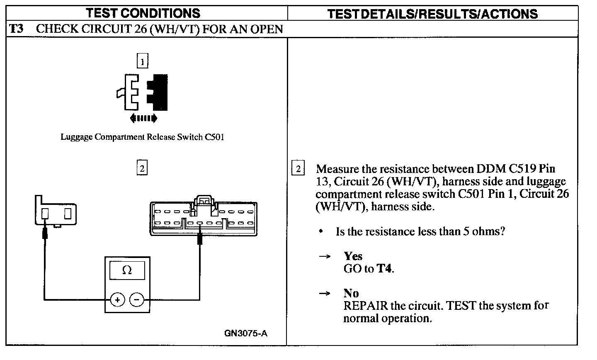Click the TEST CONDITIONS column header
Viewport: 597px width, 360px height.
point(143,13)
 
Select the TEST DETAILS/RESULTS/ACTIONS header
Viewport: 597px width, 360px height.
point(432,14)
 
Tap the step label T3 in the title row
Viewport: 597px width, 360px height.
point(17,29)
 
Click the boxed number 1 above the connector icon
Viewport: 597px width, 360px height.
point(142,62)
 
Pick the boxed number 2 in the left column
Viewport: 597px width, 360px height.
point(142,168)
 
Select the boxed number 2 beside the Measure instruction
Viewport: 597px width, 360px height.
point(298,169)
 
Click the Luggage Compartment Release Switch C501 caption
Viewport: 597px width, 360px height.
point(142,137)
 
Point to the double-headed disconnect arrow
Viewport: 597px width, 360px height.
point(143,119)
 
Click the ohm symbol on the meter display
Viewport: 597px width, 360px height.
point(127,271)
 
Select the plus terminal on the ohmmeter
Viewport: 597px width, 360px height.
point(118,299)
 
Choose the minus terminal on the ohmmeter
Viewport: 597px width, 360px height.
point(137,299)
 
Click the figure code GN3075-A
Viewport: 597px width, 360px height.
point(246,333)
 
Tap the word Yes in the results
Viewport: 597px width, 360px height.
point(353,256)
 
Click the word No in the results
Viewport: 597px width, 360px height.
point(351,294)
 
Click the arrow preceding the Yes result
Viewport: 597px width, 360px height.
point(324,257)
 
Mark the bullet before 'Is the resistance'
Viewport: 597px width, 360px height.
point(321,231)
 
